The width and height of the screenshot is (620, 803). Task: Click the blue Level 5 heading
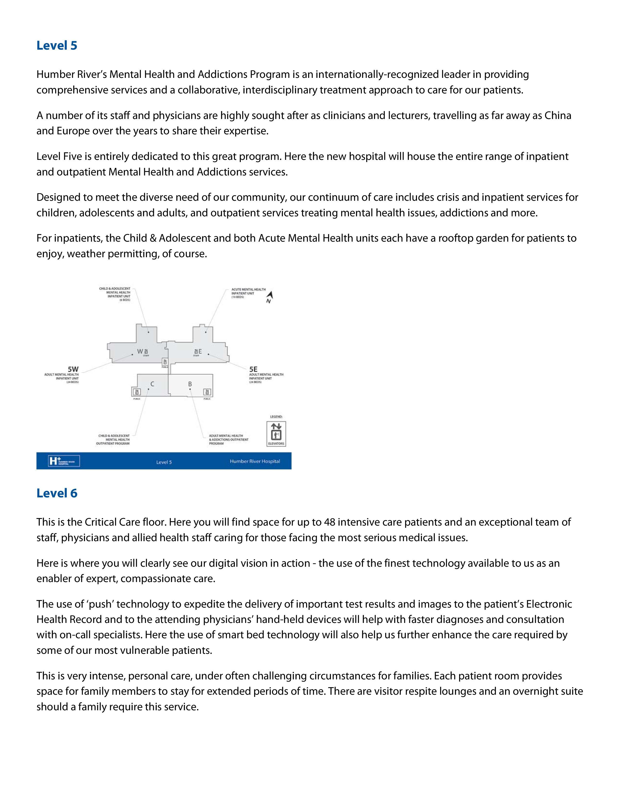coord(57,46)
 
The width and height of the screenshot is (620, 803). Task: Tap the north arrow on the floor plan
coord(270,296)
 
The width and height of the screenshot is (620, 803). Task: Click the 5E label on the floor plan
coord(253,369)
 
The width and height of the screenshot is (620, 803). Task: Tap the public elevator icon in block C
coord(137,392)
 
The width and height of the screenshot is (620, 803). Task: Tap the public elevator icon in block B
coord(207,392)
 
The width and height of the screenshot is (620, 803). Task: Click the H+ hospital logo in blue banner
coord(64,461)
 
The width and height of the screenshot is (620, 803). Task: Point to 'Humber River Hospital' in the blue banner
coord(255,461)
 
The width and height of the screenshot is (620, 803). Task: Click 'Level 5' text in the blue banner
coord(164,462)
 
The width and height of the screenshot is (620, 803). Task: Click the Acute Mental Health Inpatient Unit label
coord(248,293)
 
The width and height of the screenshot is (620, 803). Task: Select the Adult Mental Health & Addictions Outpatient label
coord(229,439)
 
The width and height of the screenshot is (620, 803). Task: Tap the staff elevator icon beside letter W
coord(146,352)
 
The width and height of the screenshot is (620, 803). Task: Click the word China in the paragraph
coord(558,115)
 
